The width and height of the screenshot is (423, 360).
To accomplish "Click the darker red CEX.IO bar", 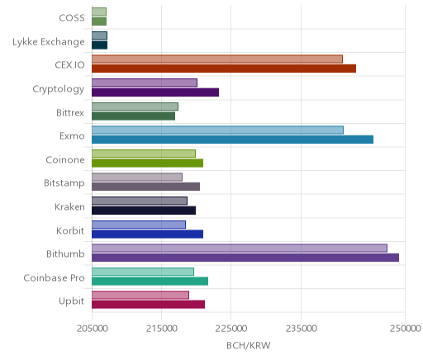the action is [224, 69].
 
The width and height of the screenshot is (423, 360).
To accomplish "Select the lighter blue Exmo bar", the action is [217, 130].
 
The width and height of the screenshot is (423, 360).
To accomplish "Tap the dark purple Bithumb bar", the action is [245, 258].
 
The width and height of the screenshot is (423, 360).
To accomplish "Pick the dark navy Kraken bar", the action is [144, 211].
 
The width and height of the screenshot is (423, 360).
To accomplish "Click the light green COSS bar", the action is [99, 12].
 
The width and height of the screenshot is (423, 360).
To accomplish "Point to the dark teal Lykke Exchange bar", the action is [99, 45].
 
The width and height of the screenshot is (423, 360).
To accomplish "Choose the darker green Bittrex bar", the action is [133, 116].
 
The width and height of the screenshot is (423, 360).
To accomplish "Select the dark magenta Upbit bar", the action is [148, 305].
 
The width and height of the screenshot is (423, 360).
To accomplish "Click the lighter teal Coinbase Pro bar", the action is [143, 272].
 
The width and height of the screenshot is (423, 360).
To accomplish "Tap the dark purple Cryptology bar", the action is [155, 92].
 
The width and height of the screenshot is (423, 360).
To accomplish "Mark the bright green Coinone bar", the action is [147, 163].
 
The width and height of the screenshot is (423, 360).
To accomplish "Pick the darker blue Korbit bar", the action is [147, 234].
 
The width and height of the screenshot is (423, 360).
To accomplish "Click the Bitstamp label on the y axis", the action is [64, 183].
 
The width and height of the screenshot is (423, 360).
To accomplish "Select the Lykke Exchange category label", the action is [49, 42].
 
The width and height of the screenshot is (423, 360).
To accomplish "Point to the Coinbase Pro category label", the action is [54, 277].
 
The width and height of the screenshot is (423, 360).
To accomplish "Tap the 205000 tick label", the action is [92, 329].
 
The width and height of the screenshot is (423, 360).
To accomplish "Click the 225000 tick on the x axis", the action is [231, 329].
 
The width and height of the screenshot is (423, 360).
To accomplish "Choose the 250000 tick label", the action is [406, 329].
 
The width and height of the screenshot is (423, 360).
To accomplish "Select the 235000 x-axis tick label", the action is [301, 329].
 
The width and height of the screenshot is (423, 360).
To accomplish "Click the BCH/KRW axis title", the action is [249, 345].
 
